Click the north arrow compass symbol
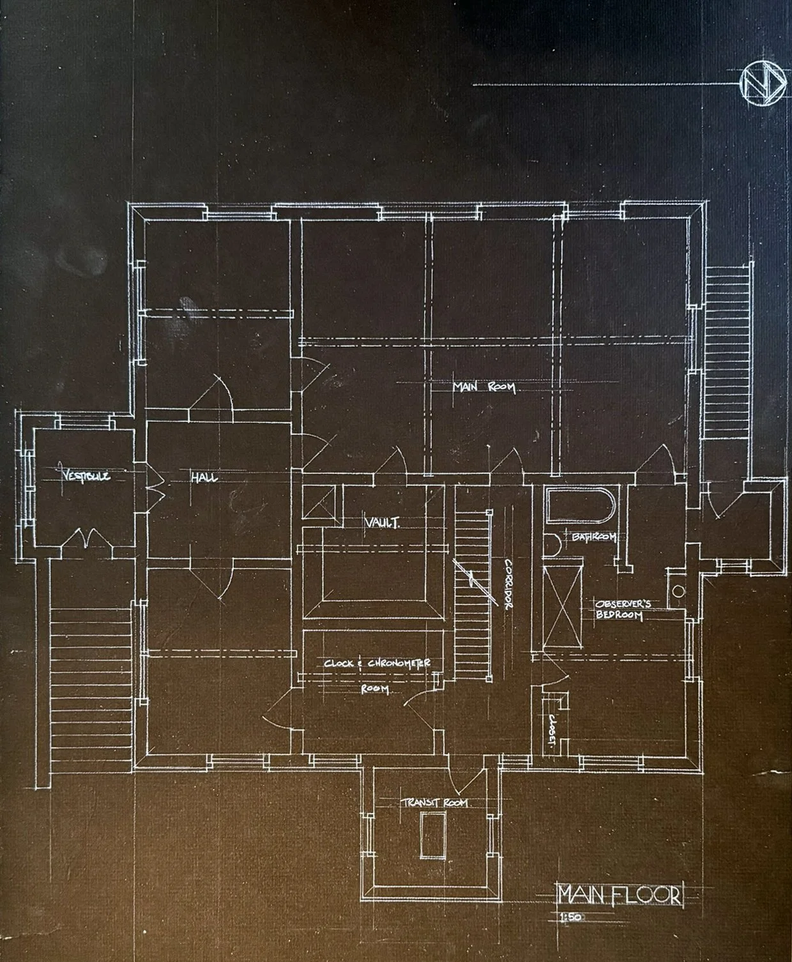[761, 84]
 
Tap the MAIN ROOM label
[484, 387]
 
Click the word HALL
[204, 477]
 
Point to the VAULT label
[382, 523]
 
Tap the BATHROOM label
[593, 537]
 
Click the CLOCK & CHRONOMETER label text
[377, 664]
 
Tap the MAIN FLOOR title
[619, 894]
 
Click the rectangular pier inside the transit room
[432, 835]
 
